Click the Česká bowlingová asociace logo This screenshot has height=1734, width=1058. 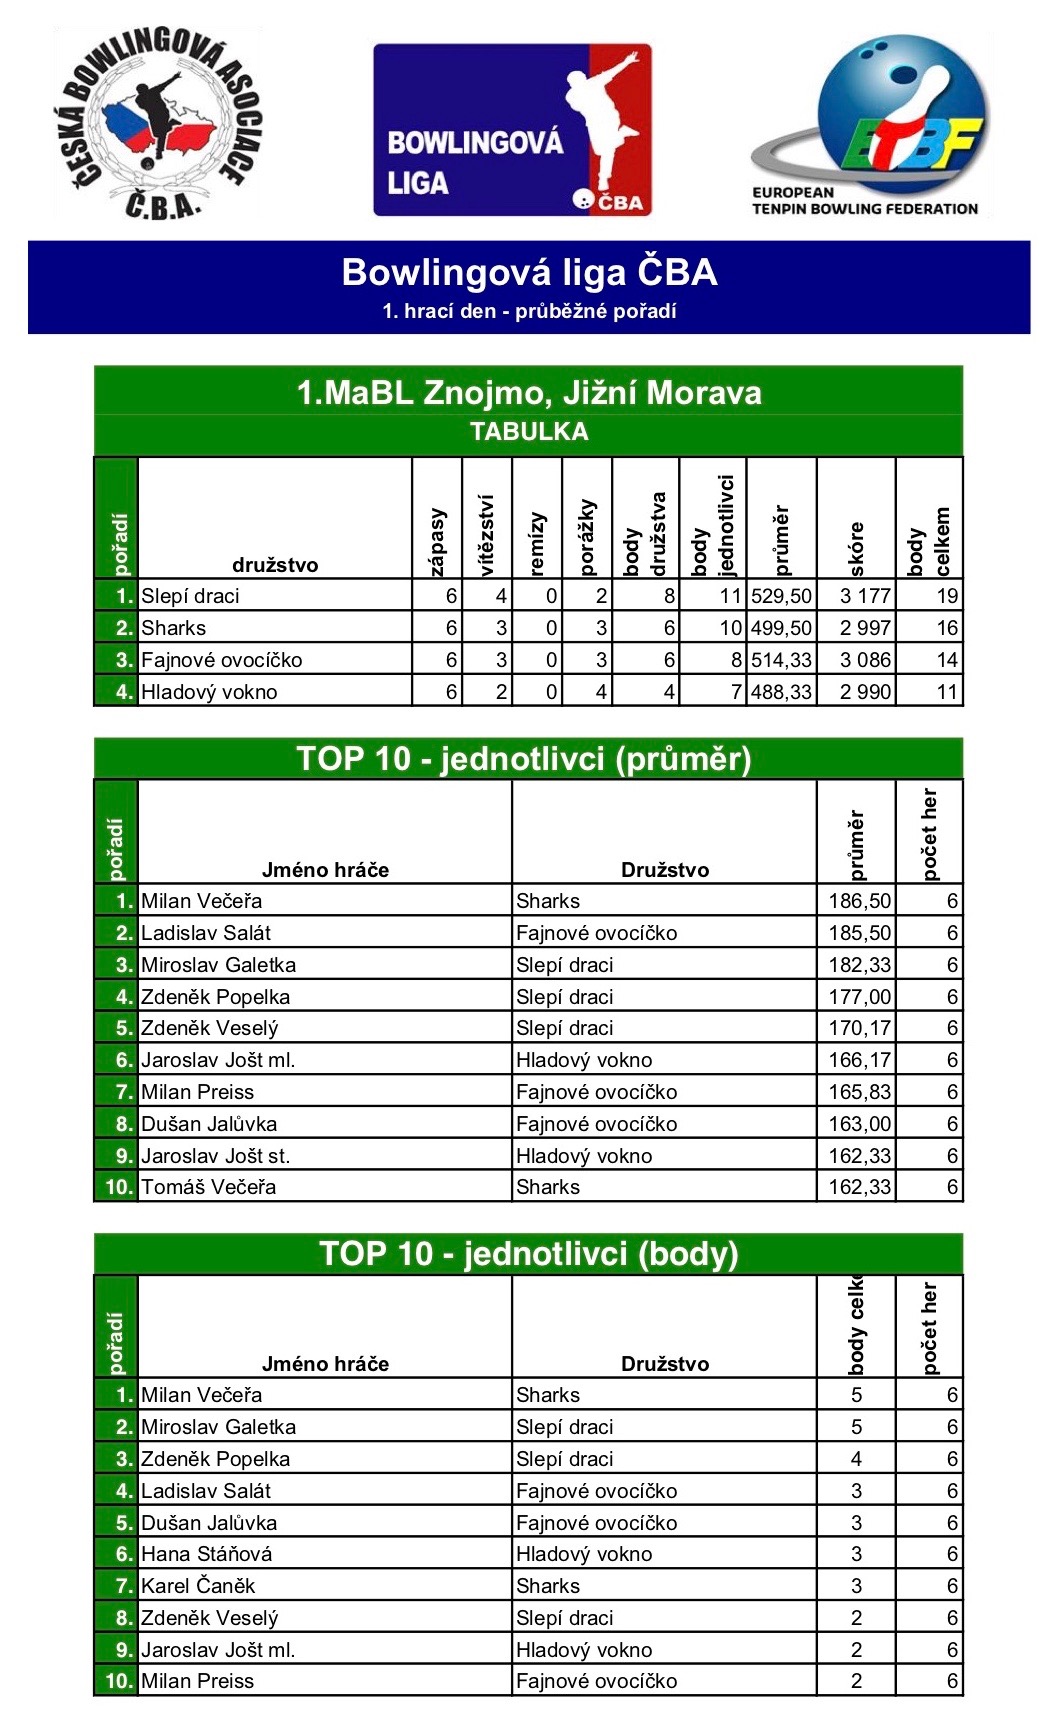click(x=157, y=123)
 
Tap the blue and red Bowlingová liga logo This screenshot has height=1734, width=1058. click(x=512, y=130)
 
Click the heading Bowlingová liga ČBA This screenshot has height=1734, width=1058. click(x=529, y=273)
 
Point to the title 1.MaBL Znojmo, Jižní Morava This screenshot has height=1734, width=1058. click(x=529, y=393)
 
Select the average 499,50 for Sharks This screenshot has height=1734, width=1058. click(x=781, y=628)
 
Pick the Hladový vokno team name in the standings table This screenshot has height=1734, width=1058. click(x=209, y=692)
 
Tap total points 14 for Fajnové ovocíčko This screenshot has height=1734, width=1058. click(x=946, y=660)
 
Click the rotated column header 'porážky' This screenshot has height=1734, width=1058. click(x=587, y=537)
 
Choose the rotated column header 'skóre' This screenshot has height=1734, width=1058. click(x=856, y=548)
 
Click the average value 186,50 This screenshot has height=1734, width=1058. click(x=859, y=901)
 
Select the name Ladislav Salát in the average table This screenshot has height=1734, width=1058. click(x=206, y=933)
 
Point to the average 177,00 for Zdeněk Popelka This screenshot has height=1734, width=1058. click(x=859, y=997)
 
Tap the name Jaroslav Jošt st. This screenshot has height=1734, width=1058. click(x=215, y=1156)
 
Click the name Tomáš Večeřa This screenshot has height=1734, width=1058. click(x=208, y=1187)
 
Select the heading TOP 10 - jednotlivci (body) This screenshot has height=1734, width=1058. click(x=529, y=1254)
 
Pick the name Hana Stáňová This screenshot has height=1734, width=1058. click(x=206, y=1554)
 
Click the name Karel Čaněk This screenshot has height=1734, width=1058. click(x=198, y=1586)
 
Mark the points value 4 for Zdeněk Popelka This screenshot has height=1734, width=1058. click(x=856, y=1459)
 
